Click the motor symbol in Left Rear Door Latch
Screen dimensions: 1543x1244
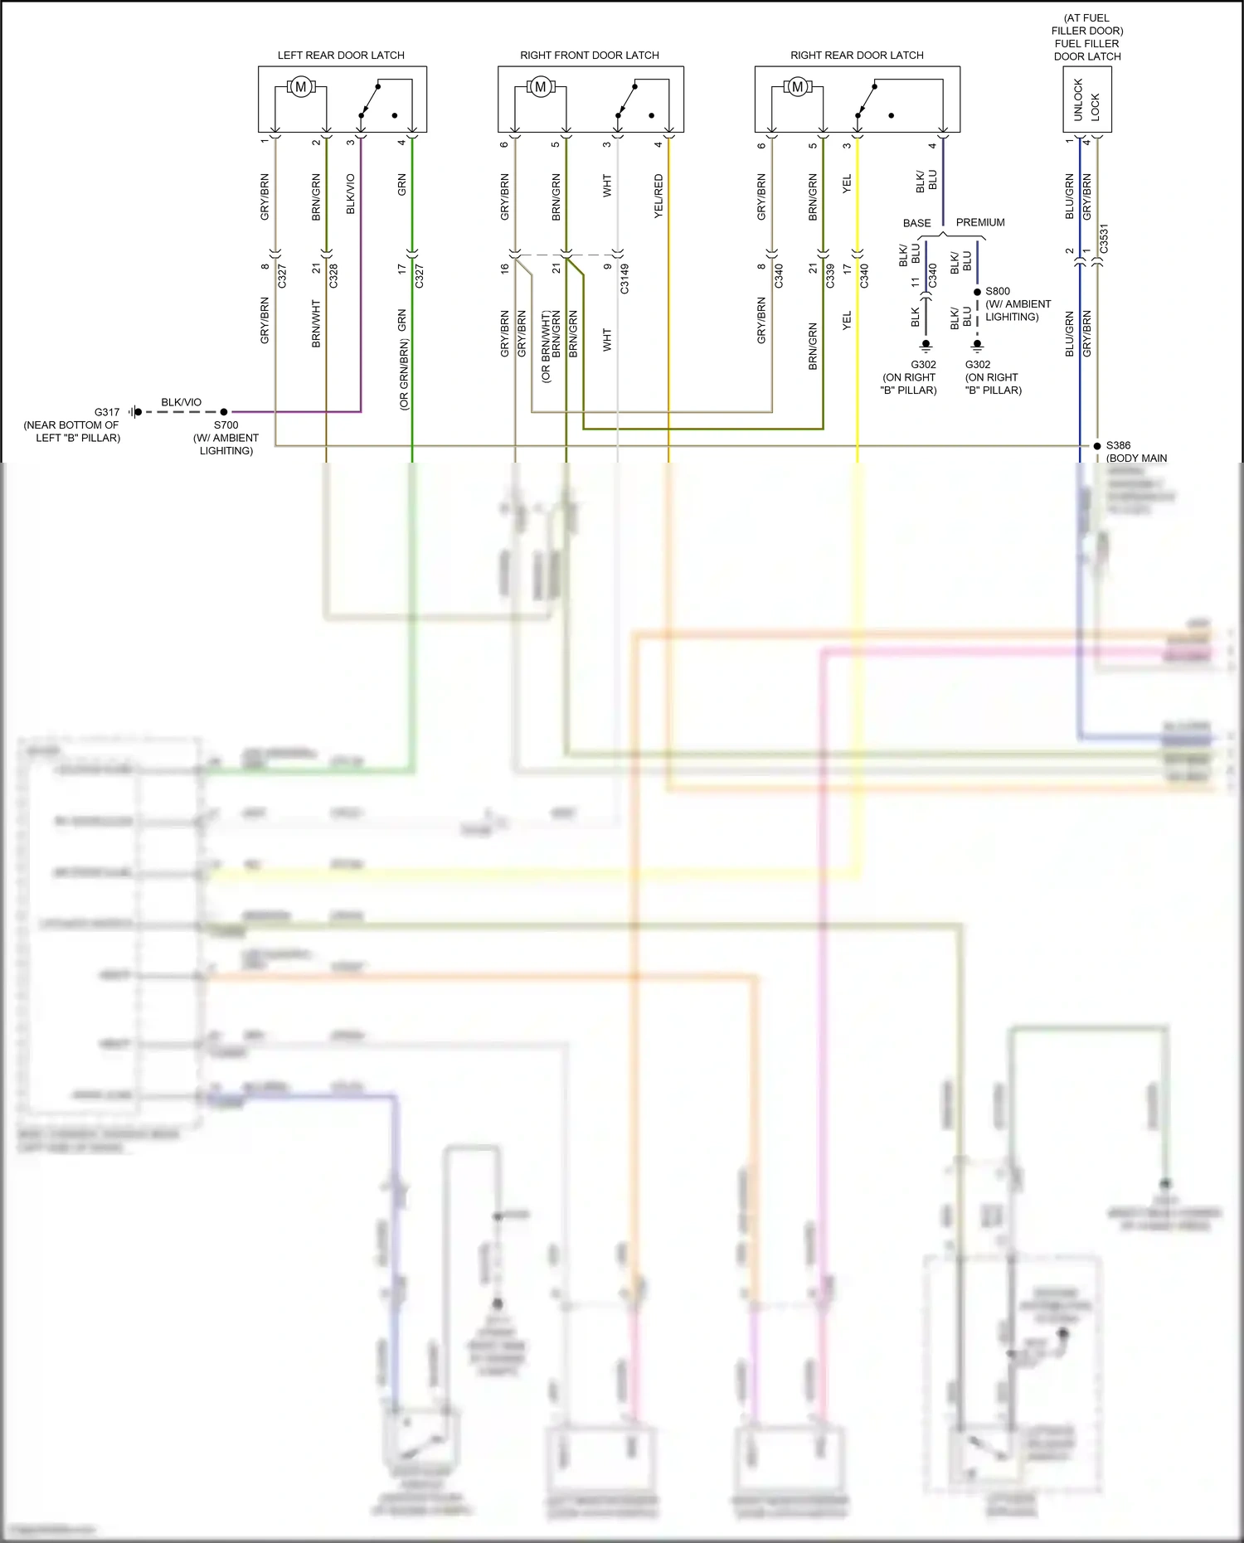point(301,86)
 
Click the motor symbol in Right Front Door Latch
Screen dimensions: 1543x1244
point(541,86)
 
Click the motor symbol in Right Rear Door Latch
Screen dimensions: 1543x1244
point(798,86)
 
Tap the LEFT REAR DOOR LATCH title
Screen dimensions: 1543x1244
point(341,55)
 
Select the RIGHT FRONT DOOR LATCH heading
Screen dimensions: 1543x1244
point(590,55)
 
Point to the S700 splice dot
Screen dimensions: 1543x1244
point(224,411)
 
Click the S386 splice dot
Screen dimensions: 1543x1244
point(1097,446)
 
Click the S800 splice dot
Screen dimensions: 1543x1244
point(978,292)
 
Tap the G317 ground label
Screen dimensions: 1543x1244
point(107,411)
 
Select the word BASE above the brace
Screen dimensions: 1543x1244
point(916,223)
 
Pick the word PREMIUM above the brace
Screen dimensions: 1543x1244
point(979,222)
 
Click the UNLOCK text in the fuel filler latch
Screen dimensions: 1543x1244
point(1078,99)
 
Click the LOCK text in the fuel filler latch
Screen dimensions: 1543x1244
point(1096,106)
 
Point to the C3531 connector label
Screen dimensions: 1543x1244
point(1104,239)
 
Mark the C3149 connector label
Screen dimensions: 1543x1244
point(624,279)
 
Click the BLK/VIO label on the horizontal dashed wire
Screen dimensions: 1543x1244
point(181,402)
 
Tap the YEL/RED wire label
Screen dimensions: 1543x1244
point(658,196)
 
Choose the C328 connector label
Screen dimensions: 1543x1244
point(333,276)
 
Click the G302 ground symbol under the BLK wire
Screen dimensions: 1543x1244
point(926,345)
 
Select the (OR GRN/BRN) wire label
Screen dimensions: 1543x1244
point(404,373)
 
